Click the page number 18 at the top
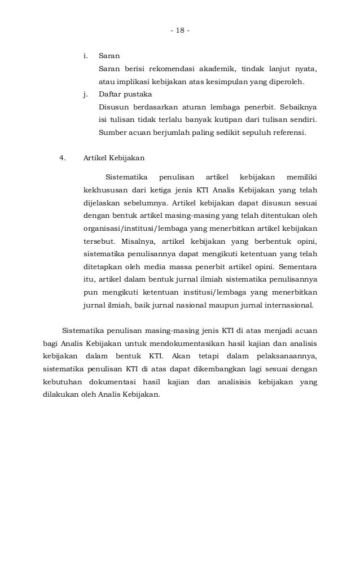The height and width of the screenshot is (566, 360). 181,29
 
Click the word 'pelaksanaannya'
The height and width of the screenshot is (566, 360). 288,357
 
